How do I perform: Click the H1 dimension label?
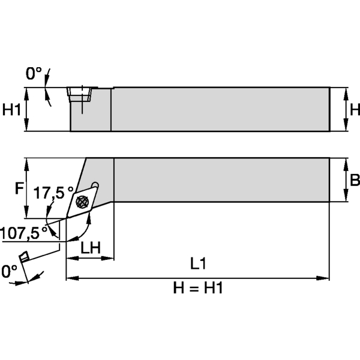(x=12, y=109)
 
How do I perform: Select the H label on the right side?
(x=354, y=109)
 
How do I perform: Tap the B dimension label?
(x=354, y=180)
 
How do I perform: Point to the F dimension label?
(x=18, y=189)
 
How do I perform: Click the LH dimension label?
(x=90, y=247)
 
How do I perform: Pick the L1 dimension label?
(x=198, y=264)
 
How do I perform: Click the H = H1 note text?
(x=198, y=288)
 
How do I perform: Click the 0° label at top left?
(x=34, y=74)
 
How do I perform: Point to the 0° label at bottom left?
(x=9, y=271)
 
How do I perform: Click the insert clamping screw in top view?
(x=81, y=202)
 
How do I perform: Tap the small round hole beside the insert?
(x=95, y=185)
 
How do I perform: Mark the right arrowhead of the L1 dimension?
(x=325, y=278)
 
